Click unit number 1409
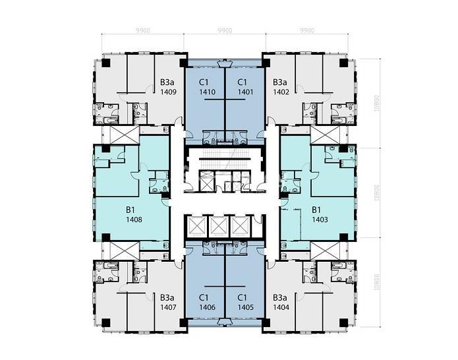168,92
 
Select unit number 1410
207,92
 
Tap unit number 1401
245,92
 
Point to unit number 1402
281,92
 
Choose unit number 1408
134,220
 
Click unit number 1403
320,220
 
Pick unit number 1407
168,307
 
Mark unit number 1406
207,307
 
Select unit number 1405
245,307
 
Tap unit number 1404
281,307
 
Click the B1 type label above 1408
130,210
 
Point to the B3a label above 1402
280,82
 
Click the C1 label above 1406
204,297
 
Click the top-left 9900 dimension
143,30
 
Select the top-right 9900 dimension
307,30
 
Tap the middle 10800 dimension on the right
377,193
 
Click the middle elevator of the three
219,227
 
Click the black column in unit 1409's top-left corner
105,63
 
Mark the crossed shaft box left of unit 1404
325,251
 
